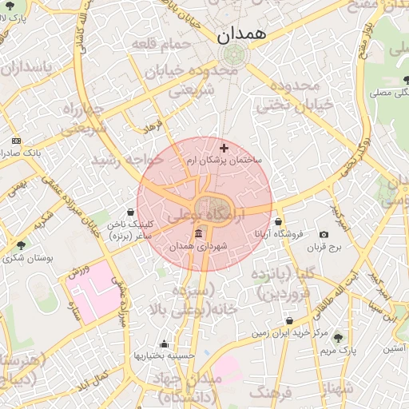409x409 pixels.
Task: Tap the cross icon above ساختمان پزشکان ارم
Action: (224, 148)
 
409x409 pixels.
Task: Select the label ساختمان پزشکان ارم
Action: (228, 161)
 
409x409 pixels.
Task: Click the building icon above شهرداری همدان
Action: (198, 233)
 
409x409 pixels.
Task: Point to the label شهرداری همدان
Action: (199, 247)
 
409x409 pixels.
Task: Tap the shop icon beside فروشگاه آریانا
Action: (278, 222)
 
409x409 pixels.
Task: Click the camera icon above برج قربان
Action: (324, 235)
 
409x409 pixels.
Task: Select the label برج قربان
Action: (324, 248)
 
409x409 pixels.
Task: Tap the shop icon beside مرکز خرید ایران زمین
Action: (289, 321)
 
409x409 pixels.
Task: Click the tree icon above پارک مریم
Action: (337, 337)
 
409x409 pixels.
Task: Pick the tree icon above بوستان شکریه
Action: (20, 244)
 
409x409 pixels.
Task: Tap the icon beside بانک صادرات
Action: (17, 141)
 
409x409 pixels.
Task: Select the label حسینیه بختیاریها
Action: (161, 355)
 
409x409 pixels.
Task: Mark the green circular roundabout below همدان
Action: (234, 54)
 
